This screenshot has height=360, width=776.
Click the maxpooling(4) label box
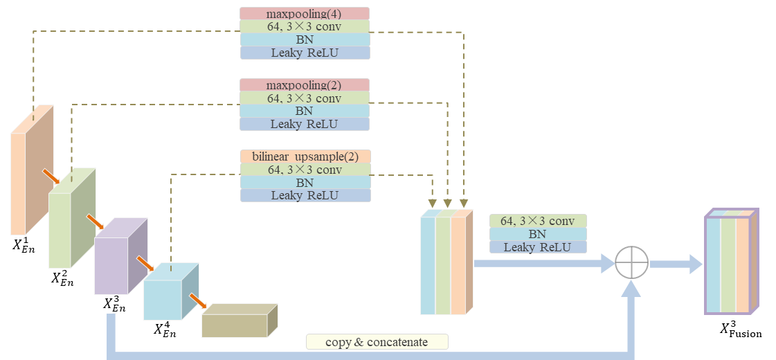point(305,13)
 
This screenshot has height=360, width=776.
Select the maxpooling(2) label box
point(305,85)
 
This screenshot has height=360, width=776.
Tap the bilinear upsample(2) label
point(305,156)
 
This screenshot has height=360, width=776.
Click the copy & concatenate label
point(377,342)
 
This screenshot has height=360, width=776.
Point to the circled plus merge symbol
point(631,263)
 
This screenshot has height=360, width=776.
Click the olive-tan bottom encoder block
point(235,324)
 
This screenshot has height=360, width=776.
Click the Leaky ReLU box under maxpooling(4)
point(305,53)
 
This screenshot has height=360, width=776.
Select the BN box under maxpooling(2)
point(305,111)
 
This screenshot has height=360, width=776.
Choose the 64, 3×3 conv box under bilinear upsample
point(305,170)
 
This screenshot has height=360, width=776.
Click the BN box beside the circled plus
point(538,234)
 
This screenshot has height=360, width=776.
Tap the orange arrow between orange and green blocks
point(51,177)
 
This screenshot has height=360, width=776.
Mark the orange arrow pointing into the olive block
point(198,303)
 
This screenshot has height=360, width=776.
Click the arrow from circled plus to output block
point(676,263)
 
